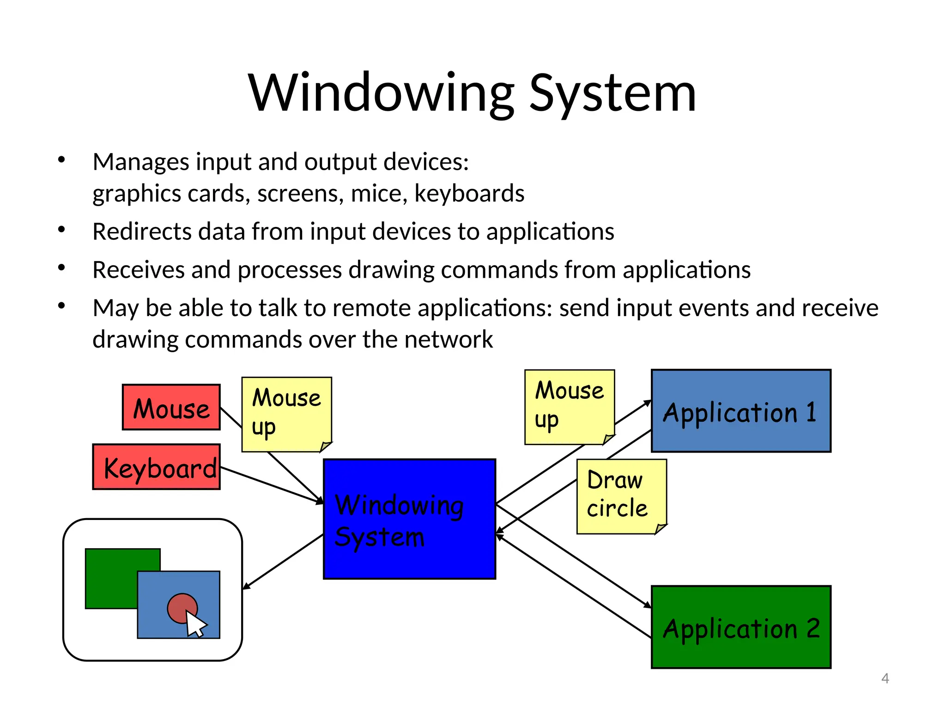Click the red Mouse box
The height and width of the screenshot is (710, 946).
click(171, 407)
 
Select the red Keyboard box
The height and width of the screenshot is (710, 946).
click(156, 467)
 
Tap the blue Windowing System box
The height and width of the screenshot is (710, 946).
click(409, 519)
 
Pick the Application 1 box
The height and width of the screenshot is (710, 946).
click(740, 411)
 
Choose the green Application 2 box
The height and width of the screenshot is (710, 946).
click(740, 627)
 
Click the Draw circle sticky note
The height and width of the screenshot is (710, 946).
click(621, 496)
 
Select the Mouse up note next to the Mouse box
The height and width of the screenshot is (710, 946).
click(286, 413)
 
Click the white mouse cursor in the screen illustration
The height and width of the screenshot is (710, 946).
click(195, 624)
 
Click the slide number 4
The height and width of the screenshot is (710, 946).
click(885, 679)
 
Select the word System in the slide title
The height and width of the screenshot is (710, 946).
click(612, 93)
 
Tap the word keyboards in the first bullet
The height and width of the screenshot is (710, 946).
click(469, 194)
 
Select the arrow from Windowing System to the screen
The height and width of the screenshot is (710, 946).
click(283, 562)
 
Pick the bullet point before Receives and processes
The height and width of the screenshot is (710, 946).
click(61, 268)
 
